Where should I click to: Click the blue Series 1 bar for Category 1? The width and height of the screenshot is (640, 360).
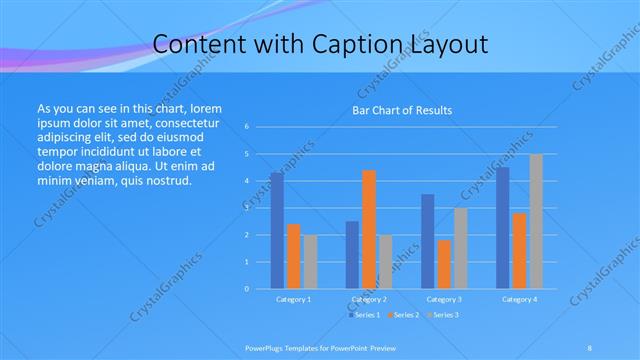pos(277,230)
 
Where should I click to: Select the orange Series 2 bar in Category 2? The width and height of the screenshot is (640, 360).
pos(369,229)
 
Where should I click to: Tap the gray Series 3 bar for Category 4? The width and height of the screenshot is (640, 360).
pos(536,221)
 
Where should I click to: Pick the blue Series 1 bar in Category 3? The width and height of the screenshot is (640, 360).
pos(428,241)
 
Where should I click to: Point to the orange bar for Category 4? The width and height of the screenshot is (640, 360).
pos(520,250)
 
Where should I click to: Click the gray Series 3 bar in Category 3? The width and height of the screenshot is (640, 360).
pos(461,248)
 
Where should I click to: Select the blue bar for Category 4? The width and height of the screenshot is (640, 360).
pos(503,228)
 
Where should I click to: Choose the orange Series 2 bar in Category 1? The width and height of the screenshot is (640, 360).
pos(294,256)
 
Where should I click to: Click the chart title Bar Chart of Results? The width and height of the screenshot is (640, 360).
pos(402,110)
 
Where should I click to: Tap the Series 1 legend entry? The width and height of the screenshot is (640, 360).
pos(364,315)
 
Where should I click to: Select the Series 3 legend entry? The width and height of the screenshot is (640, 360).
pos(444,315)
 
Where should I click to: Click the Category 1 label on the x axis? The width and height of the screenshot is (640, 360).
pos(293,299)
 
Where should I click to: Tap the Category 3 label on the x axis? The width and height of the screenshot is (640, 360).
pos(444,299)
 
